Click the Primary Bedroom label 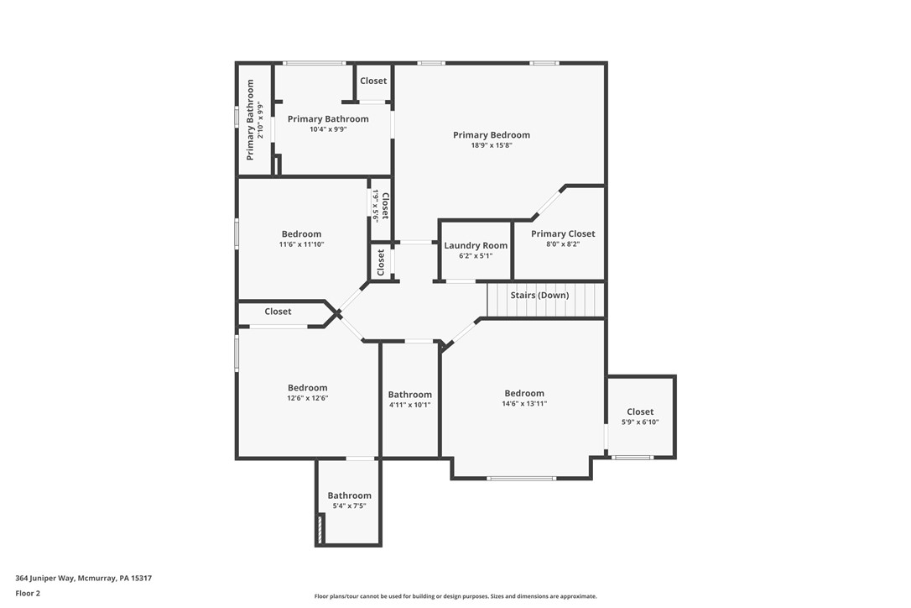[x=491, y=135]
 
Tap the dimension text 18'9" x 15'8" [x=491, y=145]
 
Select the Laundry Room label [x=476, y=246]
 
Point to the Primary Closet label [x=563, y=234]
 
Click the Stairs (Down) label [x=539, y=296]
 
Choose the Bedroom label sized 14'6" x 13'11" [x=524, y=393]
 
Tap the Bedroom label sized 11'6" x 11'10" [x=301, y=234]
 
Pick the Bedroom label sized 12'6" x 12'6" [x=307, y=388]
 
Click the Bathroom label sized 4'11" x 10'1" [x=409, y=395]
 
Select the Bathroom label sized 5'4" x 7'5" [x=349, y=495]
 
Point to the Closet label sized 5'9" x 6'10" [x=640, y=411]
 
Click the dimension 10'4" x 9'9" [x=328, y=129]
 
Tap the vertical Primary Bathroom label [x=250, y=120]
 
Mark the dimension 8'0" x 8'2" [x=563, y=244]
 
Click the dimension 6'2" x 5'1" [x=476, y=256]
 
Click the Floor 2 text [x=28, y=593]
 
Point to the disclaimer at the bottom [x=455, y=596]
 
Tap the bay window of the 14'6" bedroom [x=521, y=479]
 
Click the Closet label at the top [x=373, y=81]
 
